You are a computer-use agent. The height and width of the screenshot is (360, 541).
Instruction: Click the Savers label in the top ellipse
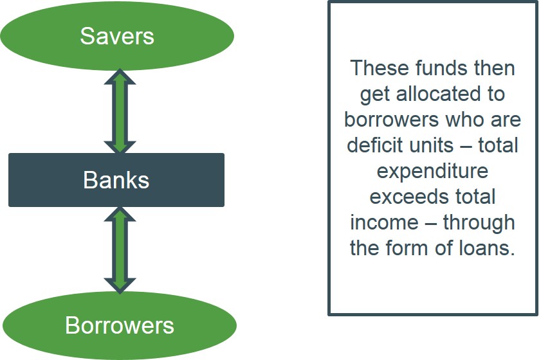pos(117,36)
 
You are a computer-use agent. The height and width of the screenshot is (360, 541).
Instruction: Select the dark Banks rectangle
pos(116,180)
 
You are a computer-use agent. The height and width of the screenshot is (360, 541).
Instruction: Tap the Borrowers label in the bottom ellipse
pos(120,325)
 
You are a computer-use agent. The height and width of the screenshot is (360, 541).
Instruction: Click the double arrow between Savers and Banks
pos(120,111)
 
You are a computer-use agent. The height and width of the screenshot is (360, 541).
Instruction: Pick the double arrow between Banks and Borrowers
pos(120,250)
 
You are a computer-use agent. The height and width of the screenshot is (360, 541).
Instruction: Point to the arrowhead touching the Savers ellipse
pos(120,76)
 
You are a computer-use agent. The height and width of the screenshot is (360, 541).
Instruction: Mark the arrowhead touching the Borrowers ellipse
pos(120,286)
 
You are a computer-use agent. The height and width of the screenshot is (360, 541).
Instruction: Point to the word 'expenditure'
pos(432,172)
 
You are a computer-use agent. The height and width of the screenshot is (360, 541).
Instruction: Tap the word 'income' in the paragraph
pos(384,222)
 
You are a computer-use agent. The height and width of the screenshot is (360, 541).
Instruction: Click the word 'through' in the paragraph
pos(479,224)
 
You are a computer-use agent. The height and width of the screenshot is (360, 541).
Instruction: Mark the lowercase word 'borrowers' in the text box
pos(392,120)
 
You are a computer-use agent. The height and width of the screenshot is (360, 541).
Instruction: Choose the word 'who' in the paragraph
pos(464,120)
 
